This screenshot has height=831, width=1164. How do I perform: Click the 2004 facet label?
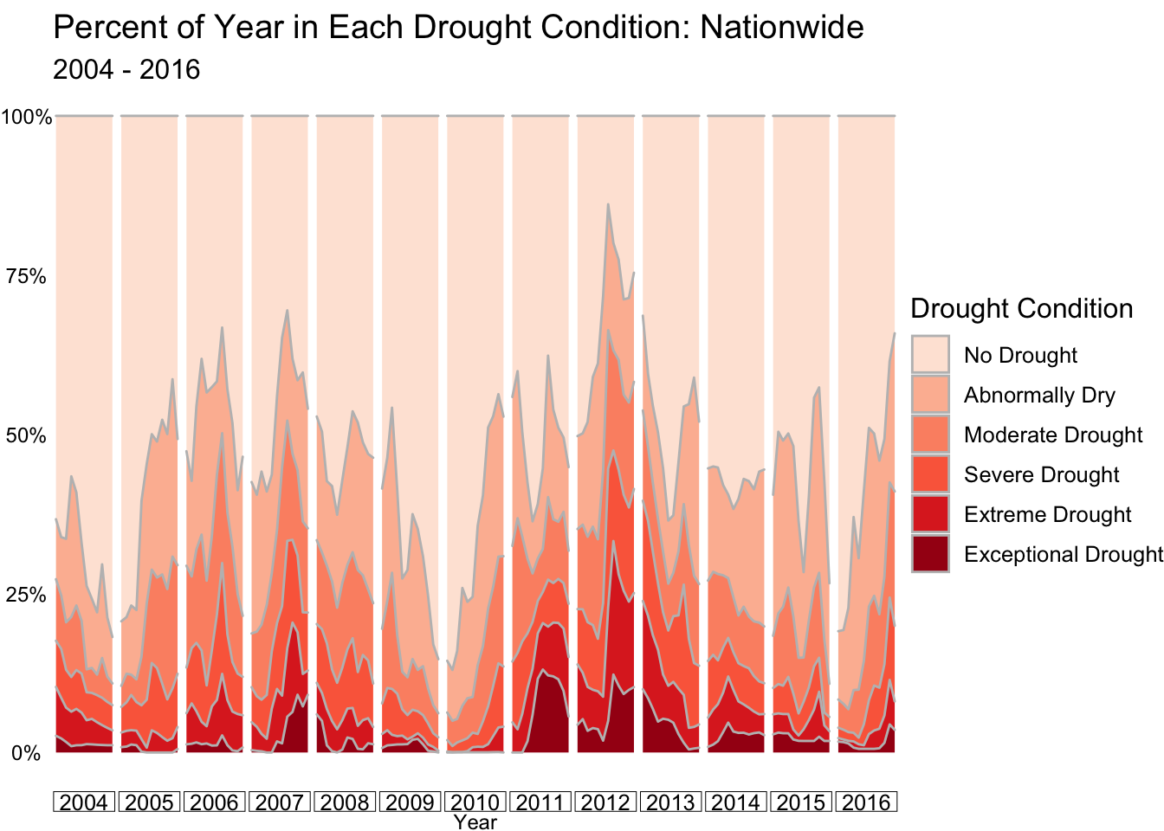pyautogui.click(x=84, y=802)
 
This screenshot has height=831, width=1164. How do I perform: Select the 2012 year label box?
pyautogui.click(x=605, y=802)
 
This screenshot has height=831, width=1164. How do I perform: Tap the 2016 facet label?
pyautogui.click(x=866, y=802)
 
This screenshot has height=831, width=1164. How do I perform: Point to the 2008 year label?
pyautogui.click(x=345, y=802)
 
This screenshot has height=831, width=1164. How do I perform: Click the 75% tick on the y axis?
pyautogui.click(x=25, y=277)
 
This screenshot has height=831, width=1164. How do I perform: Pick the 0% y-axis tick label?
pyautogui.click(x=26, y=753)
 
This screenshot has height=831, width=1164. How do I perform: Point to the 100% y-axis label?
pyautogui.click(x=26, y=118)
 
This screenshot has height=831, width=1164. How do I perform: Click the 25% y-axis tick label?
pyautogui.click(x=25, y=595)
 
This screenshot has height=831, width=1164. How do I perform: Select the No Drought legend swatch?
pyautogui.click(x=930, y=355)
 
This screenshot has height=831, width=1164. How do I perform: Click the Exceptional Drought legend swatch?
pyautogui.click(x=930, y=554)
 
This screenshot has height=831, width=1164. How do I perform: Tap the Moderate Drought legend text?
pyautogui.click(x=1053, y=435)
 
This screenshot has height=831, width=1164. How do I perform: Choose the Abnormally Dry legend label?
pyautogui.click(x=1040, y=396)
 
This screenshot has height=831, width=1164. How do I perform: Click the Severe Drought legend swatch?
pyautogui.click(x=930, y=474)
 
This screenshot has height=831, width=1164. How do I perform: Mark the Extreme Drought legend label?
pyautogui.click(x=1048, y=514)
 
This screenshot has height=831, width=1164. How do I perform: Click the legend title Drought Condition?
pyautogui.click(x=1022, y=308)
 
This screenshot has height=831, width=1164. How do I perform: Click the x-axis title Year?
pyautogui.click(x=475, y=822)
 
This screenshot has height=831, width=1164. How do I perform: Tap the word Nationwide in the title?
pyautogui.click(x=781, y=27)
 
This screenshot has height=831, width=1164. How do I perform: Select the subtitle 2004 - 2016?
pyautogui.click(x=126, y=69)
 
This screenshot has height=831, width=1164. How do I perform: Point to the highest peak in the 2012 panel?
pyautogui.click(x=608, y=204)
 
